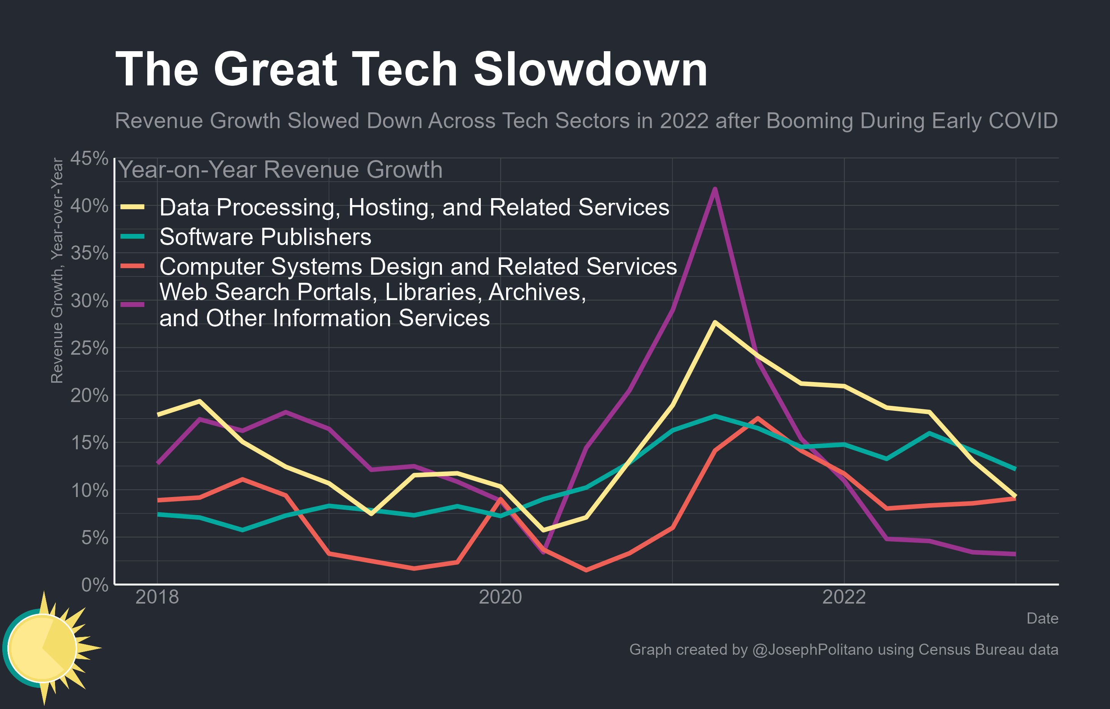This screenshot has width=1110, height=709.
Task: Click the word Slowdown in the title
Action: pos(590,69)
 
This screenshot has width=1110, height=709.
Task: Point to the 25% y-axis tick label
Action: pos(89,348)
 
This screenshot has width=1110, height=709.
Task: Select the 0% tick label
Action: pos(95,585)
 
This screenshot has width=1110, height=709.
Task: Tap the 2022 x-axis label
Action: pos(844,597)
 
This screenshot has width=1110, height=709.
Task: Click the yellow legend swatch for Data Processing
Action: pos(132,207)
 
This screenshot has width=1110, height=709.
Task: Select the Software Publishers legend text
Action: pos(265,237)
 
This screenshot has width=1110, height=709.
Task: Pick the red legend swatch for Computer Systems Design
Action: pos(132,266)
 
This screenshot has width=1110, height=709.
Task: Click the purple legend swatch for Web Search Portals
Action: pos(132,304)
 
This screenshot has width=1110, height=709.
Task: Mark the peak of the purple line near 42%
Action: pos(715,189)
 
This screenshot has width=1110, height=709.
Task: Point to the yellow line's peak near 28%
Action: pos(715,322)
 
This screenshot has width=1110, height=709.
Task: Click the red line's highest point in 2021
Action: pos(758,418)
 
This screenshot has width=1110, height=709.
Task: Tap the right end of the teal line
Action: pos(1015,469)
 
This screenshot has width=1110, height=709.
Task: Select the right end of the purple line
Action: pos(1015,554)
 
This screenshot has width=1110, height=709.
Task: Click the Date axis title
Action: pos(1042,618)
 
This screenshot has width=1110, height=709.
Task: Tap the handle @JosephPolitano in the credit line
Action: pos(812,649)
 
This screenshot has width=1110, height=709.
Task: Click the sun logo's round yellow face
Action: pos(42,648)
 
